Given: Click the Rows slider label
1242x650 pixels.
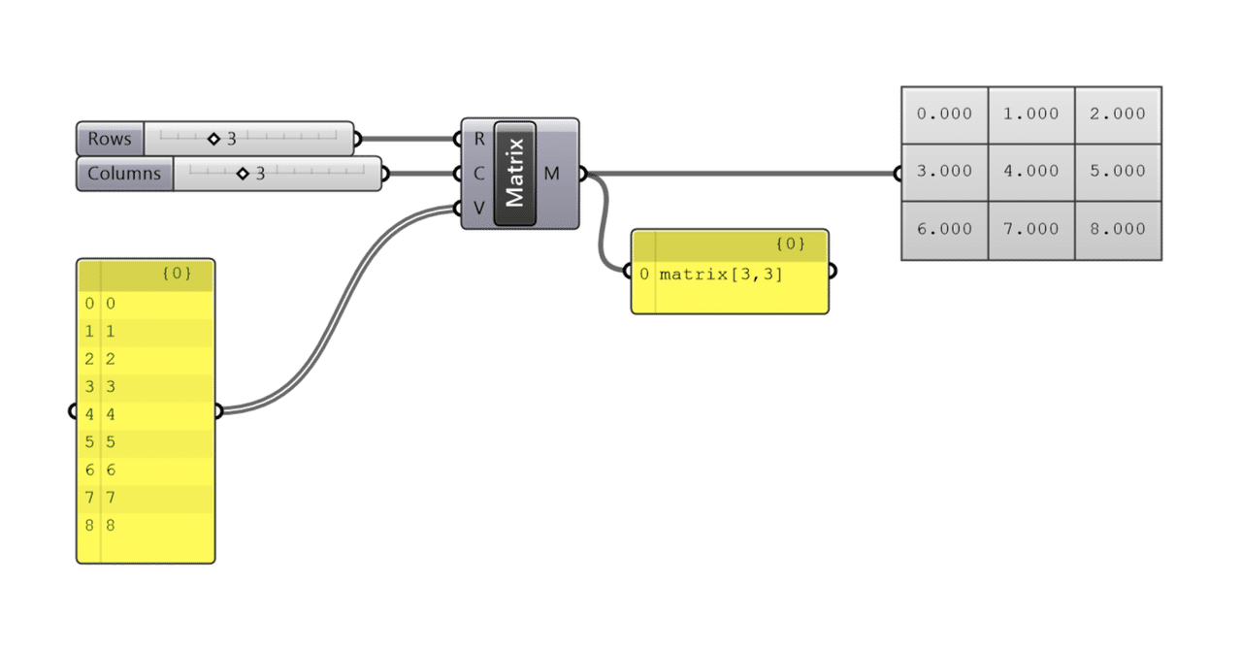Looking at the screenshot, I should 110,139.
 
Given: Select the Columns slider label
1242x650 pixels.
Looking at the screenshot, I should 124,174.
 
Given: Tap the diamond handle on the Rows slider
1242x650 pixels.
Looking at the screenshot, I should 213,139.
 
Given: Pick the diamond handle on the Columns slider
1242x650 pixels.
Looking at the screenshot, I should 243,174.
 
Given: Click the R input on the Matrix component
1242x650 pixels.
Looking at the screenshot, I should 478,139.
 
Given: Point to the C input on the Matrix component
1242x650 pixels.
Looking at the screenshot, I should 478,174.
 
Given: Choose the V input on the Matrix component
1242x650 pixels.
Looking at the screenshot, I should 478,208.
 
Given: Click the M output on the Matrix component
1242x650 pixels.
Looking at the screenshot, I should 552,174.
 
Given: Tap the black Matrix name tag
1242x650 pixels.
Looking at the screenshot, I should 514,174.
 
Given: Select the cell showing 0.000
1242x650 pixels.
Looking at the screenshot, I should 944,114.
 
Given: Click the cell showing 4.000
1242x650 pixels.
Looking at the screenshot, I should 1030,171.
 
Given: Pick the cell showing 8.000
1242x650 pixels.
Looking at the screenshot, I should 1117,229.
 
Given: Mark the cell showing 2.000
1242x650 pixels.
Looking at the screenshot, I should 1117,114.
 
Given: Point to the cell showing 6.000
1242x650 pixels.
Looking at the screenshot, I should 944,229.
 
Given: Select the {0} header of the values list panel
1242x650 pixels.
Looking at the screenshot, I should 176,274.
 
